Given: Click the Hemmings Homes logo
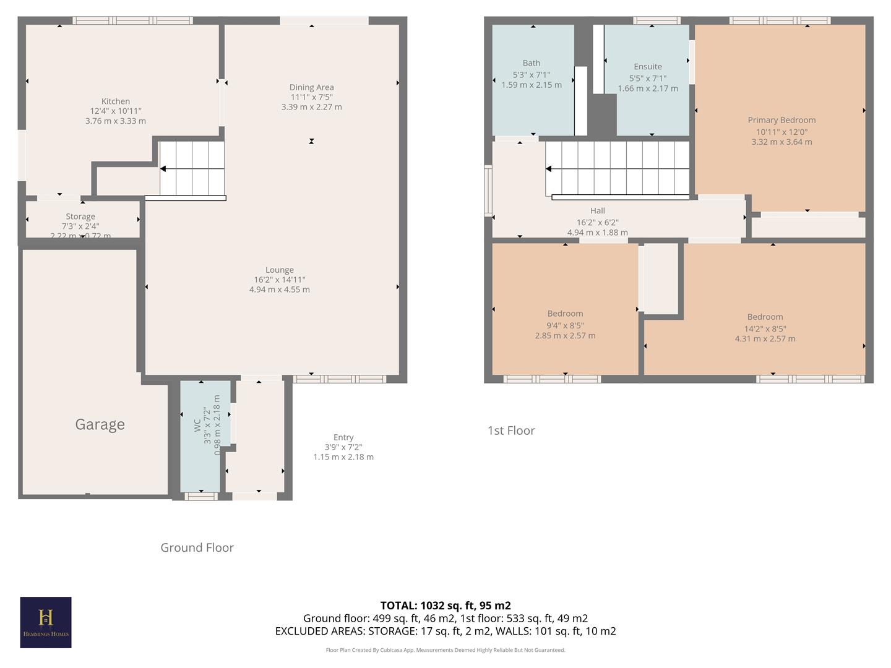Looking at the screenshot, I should coord(46,622).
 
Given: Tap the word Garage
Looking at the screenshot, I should coord(100,424).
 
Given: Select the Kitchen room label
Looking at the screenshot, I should coord(116,101).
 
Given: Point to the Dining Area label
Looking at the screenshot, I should coord(311,87).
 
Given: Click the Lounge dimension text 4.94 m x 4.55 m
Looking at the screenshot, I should coord(280,289).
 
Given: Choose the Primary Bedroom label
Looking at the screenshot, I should coord(781,120).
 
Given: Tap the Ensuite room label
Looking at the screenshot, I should coord(648,67).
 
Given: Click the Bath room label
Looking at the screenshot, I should coord(532,63).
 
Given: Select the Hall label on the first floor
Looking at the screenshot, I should coord(598,211).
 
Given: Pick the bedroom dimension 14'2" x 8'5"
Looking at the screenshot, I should coord(765,328).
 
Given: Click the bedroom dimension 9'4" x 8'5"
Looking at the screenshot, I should coord(565,325).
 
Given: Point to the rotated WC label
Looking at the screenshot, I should coord(197,425).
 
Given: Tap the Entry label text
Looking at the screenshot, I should coord(343,437).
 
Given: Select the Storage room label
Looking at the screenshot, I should coord(80,216).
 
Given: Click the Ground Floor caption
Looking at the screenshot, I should coord(197,547).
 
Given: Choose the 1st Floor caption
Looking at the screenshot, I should coord(511,430).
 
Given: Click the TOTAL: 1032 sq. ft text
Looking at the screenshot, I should coord(445,606).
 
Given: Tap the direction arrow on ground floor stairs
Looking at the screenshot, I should coord(163,169).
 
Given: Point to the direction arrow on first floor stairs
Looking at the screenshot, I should coord(548,169).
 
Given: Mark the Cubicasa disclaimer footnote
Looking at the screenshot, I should coord(445,650).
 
